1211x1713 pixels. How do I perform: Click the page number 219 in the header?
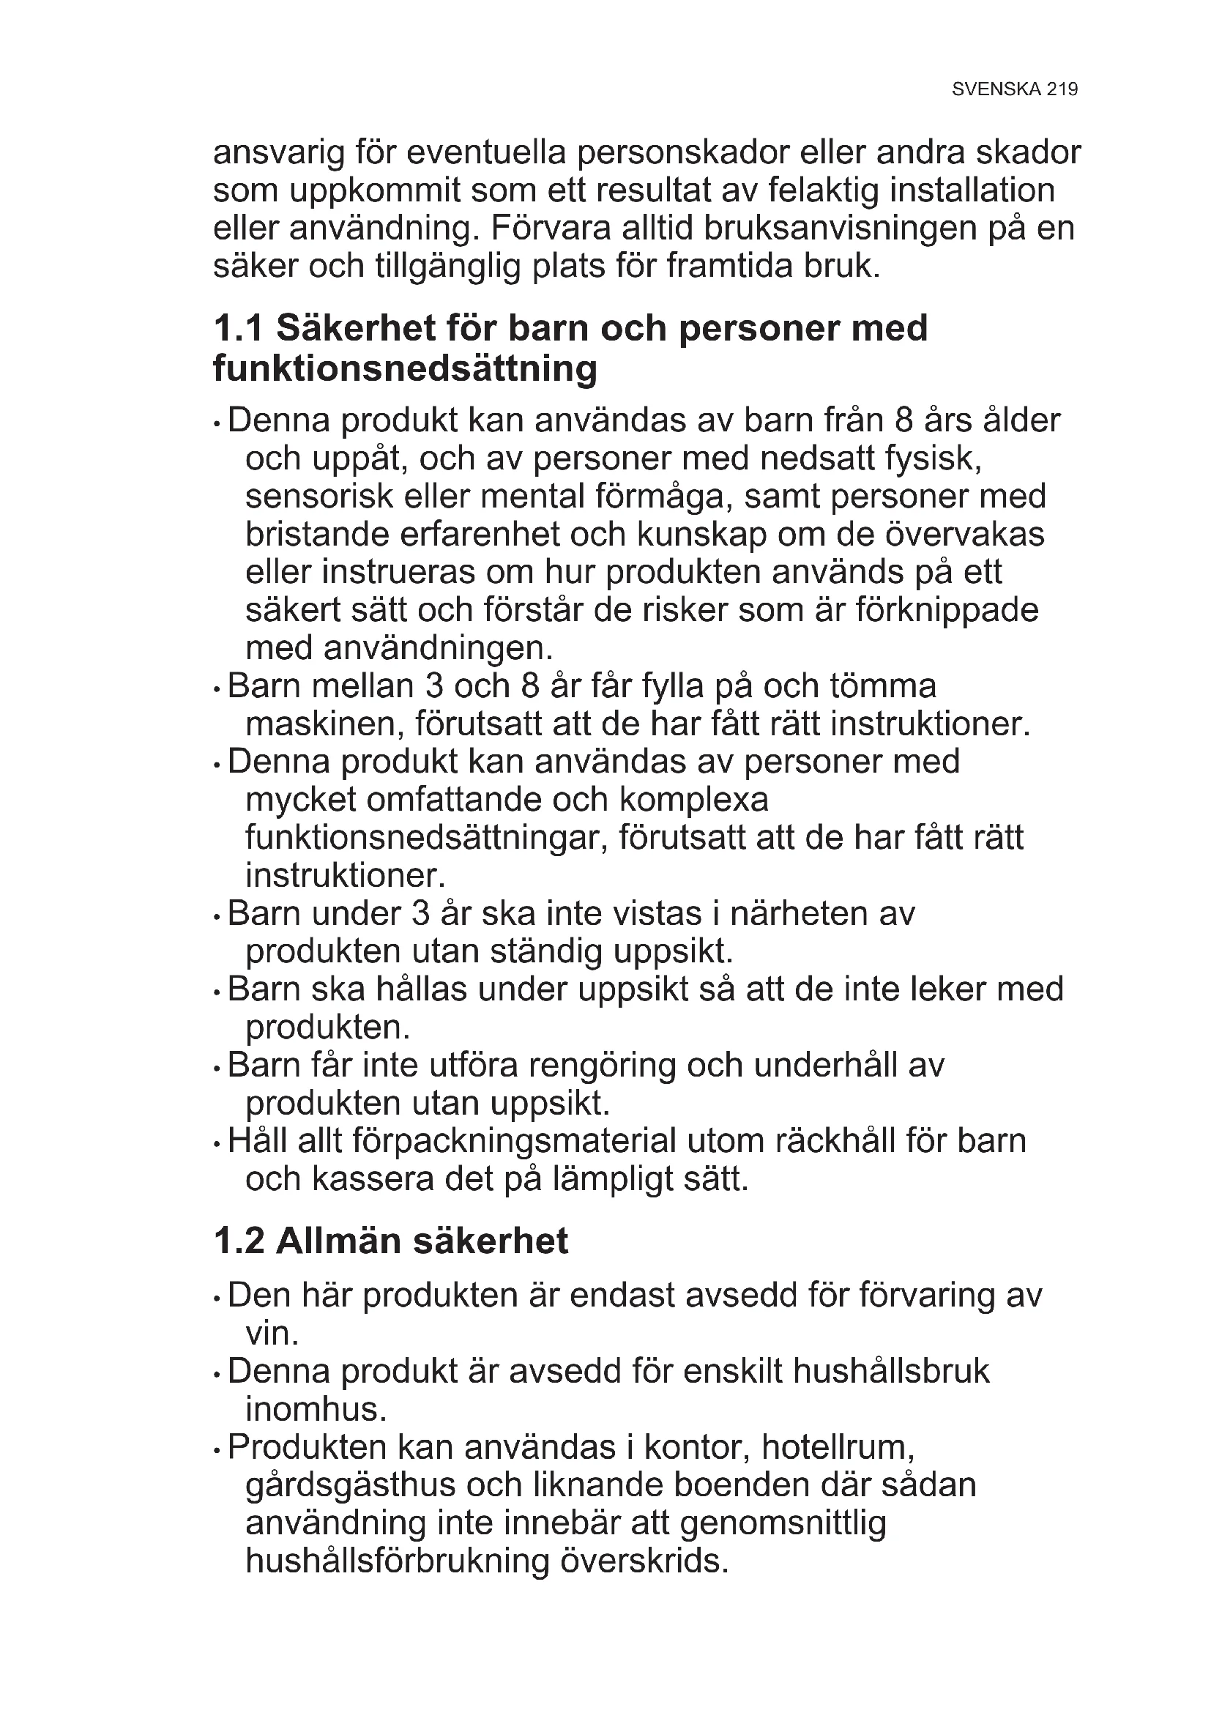(1062, 89)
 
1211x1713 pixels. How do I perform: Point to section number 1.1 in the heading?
(238, 328)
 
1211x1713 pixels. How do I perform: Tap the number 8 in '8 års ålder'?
(904, 421)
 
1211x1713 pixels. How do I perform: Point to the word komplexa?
(693, 800)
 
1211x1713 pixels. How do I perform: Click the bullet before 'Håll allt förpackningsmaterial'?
(216, 1144)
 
